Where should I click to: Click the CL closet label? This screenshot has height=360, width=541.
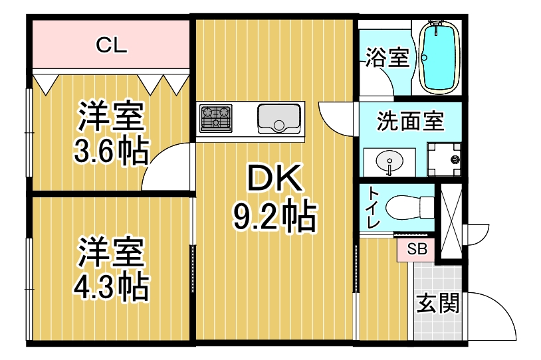(111, 46)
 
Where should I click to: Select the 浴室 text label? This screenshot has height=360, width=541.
(387, 58)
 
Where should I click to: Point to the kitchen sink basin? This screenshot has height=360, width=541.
(278, 119)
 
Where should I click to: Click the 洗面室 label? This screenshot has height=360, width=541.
(410, 122)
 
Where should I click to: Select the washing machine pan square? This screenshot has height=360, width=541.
(443, 159)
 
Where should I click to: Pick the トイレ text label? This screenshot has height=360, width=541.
(374, 209)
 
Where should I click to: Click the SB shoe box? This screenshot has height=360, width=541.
(417, 250)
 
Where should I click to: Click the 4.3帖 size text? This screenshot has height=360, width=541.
(110, 287)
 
